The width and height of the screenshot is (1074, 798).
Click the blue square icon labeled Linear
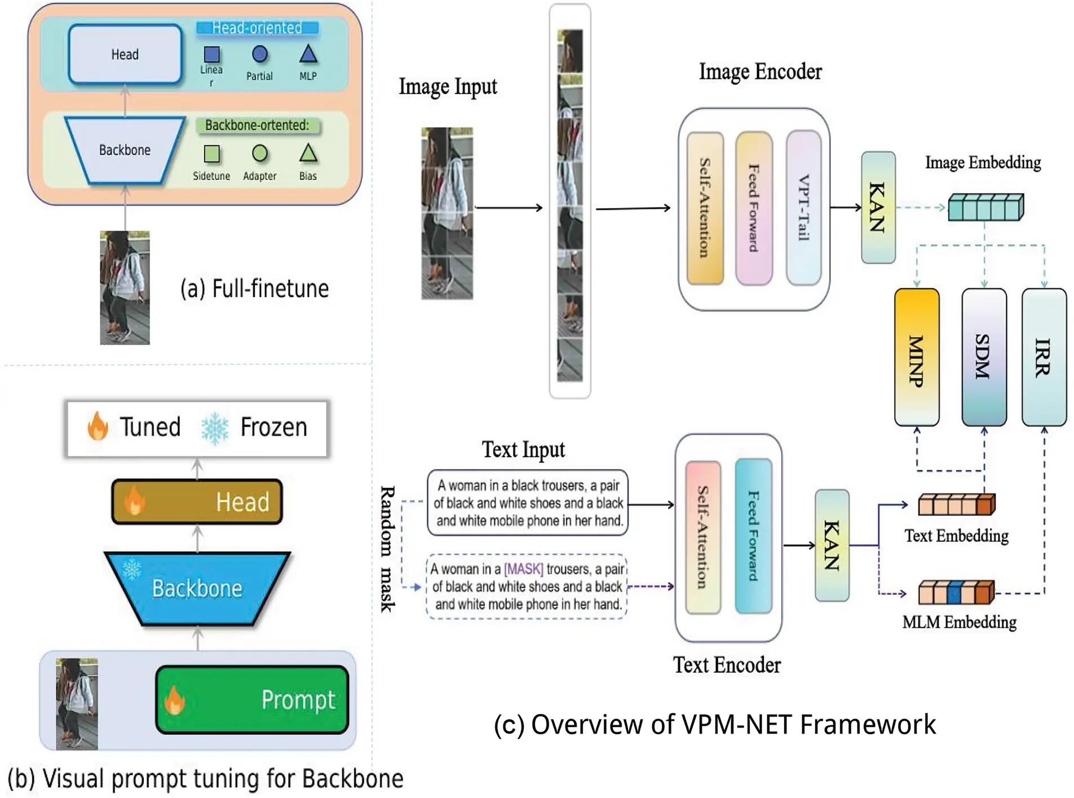(211, 55)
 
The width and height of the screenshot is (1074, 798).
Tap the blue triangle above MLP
(308, 55)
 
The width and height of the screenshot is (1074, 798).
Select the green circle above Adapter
(260, 153)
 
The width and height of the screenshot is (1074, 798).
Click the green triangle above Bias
(308, 153)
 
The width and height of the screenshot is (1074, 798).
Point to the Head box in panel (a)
(125, 55)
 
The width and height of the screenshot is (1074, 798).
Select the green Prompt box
(252, 699)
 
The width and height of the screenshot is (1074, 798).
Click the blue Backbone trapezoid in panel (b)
(197, 588)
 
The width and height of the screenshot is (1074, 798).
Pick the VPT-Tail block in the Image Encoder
(803, 208)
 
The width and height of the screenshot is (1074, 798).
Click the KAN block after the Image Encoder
(878, 208)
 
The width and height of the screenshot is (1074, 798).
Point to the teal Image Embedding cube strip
(985, 208)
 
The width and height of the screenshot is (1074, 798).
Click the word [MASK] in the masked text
(523, 569)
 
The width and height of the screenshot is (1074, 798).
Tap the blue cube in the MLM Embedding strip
(954, 593)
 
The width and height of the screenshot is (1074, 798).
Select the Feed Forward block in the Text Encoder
(753, 536)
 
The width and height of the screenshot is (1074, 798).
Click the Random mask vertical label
(387, 548)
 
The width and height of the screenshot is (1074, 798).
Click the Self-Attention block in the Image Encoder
(705, 208)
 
